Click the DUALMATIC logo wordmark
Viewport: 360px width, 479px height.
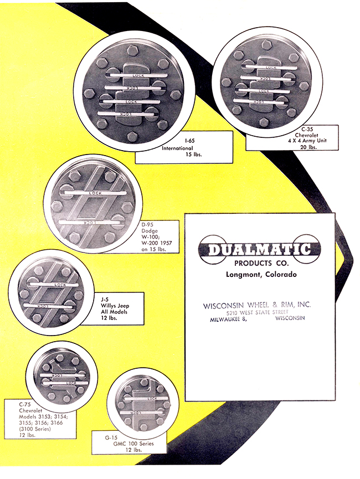[259, 250]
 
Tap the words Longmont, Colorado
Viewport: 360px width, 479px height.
[261, 274]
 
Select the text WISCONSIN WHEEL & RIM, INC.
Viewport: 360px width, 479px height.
[256, 305]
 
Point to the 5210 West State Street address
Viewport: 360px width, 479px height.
[258, 312]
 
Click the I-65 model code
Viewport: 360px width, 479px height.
[190, 141]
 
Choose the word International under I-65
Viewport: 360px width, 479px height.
[177, 148]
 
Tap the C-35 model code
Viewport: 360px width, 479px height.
[307, 129]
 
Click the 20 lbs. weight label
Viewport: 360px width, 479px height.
[308, 147]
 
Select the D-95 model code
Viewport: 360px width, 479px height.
[148, 225]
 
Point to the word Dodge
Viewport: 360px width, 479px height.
[150, 231]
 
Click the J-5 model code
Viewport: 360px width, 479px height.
[105, 300]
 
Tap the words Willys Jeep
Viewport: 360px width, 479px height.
[115, 306]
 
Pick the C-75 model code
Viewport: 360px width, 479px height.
[25, 405]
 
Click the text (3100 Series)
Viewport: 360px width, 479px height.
[35, 429]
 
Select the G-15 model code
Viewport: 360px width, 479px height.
[111, 438]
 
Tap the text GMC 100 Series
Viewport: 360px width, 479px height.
[133, 444]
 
